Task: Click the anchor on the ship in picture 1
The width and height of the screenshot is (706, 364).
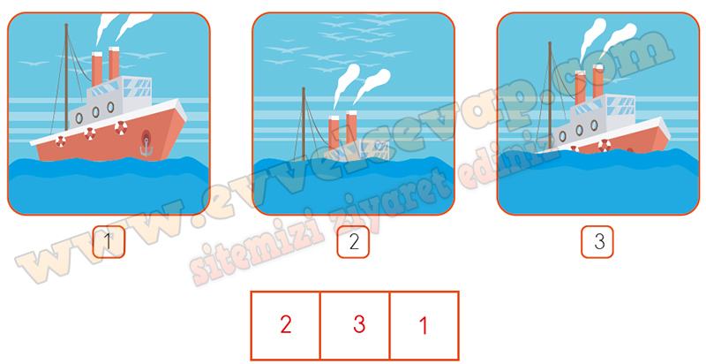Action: tap(146, 148)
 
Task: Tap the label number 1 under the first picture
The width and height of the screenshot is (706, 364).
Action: tap(108, 242)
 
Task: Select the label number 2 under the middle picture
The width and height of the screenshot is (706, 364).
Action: tap(354, 242)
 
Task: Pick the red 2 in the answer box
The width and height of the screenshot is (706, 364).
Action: tap(286, 325)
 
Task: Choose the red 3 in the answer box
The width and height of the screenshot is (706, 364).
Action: tap(359, 325)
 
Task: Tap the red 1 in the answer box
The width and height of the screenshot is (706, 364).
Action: tap(424, 325)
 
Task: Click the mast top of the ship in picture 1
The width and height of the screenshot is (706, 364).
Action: tap(66, 25)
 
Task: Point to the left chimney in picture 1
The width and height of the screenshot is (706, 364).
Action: tap(97, 69)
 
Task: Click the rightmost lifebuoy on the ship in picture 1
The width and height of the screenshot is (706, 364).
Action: tap(121, 128)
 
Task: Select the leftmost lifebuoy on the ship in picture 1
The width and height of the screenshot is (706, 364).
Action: tap(61, 141)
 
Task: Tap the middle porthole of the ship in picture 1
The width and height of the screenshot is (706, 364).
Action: tap(95, 112)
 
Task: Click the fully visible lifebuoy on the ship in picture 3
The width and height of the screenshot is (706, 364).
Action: tap(605, 146)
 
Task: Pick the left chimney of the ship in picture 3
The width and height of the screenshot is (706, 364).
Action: tap(581, 88)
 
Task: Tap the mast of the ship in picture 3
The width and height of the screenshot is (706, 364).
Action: tap(550, 95)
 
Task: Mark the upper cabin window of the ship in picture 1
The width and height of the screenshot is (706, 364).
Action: tap(138, 85)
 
